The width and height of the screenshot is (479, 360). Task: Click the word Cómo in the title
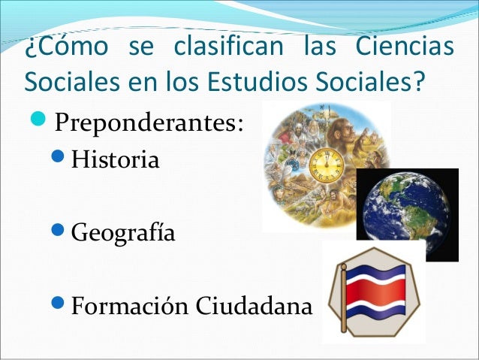tap(64, 47)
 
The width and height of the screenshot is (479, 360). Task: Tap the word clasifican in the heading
tap(227, 47)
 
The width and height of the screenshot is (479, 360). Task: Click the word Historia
tap(115, 161)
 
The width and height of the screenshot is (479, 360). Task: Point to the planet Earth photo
tap(406, 213)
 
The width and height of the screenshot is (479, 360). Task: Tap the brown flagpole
tap(342, 297)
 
